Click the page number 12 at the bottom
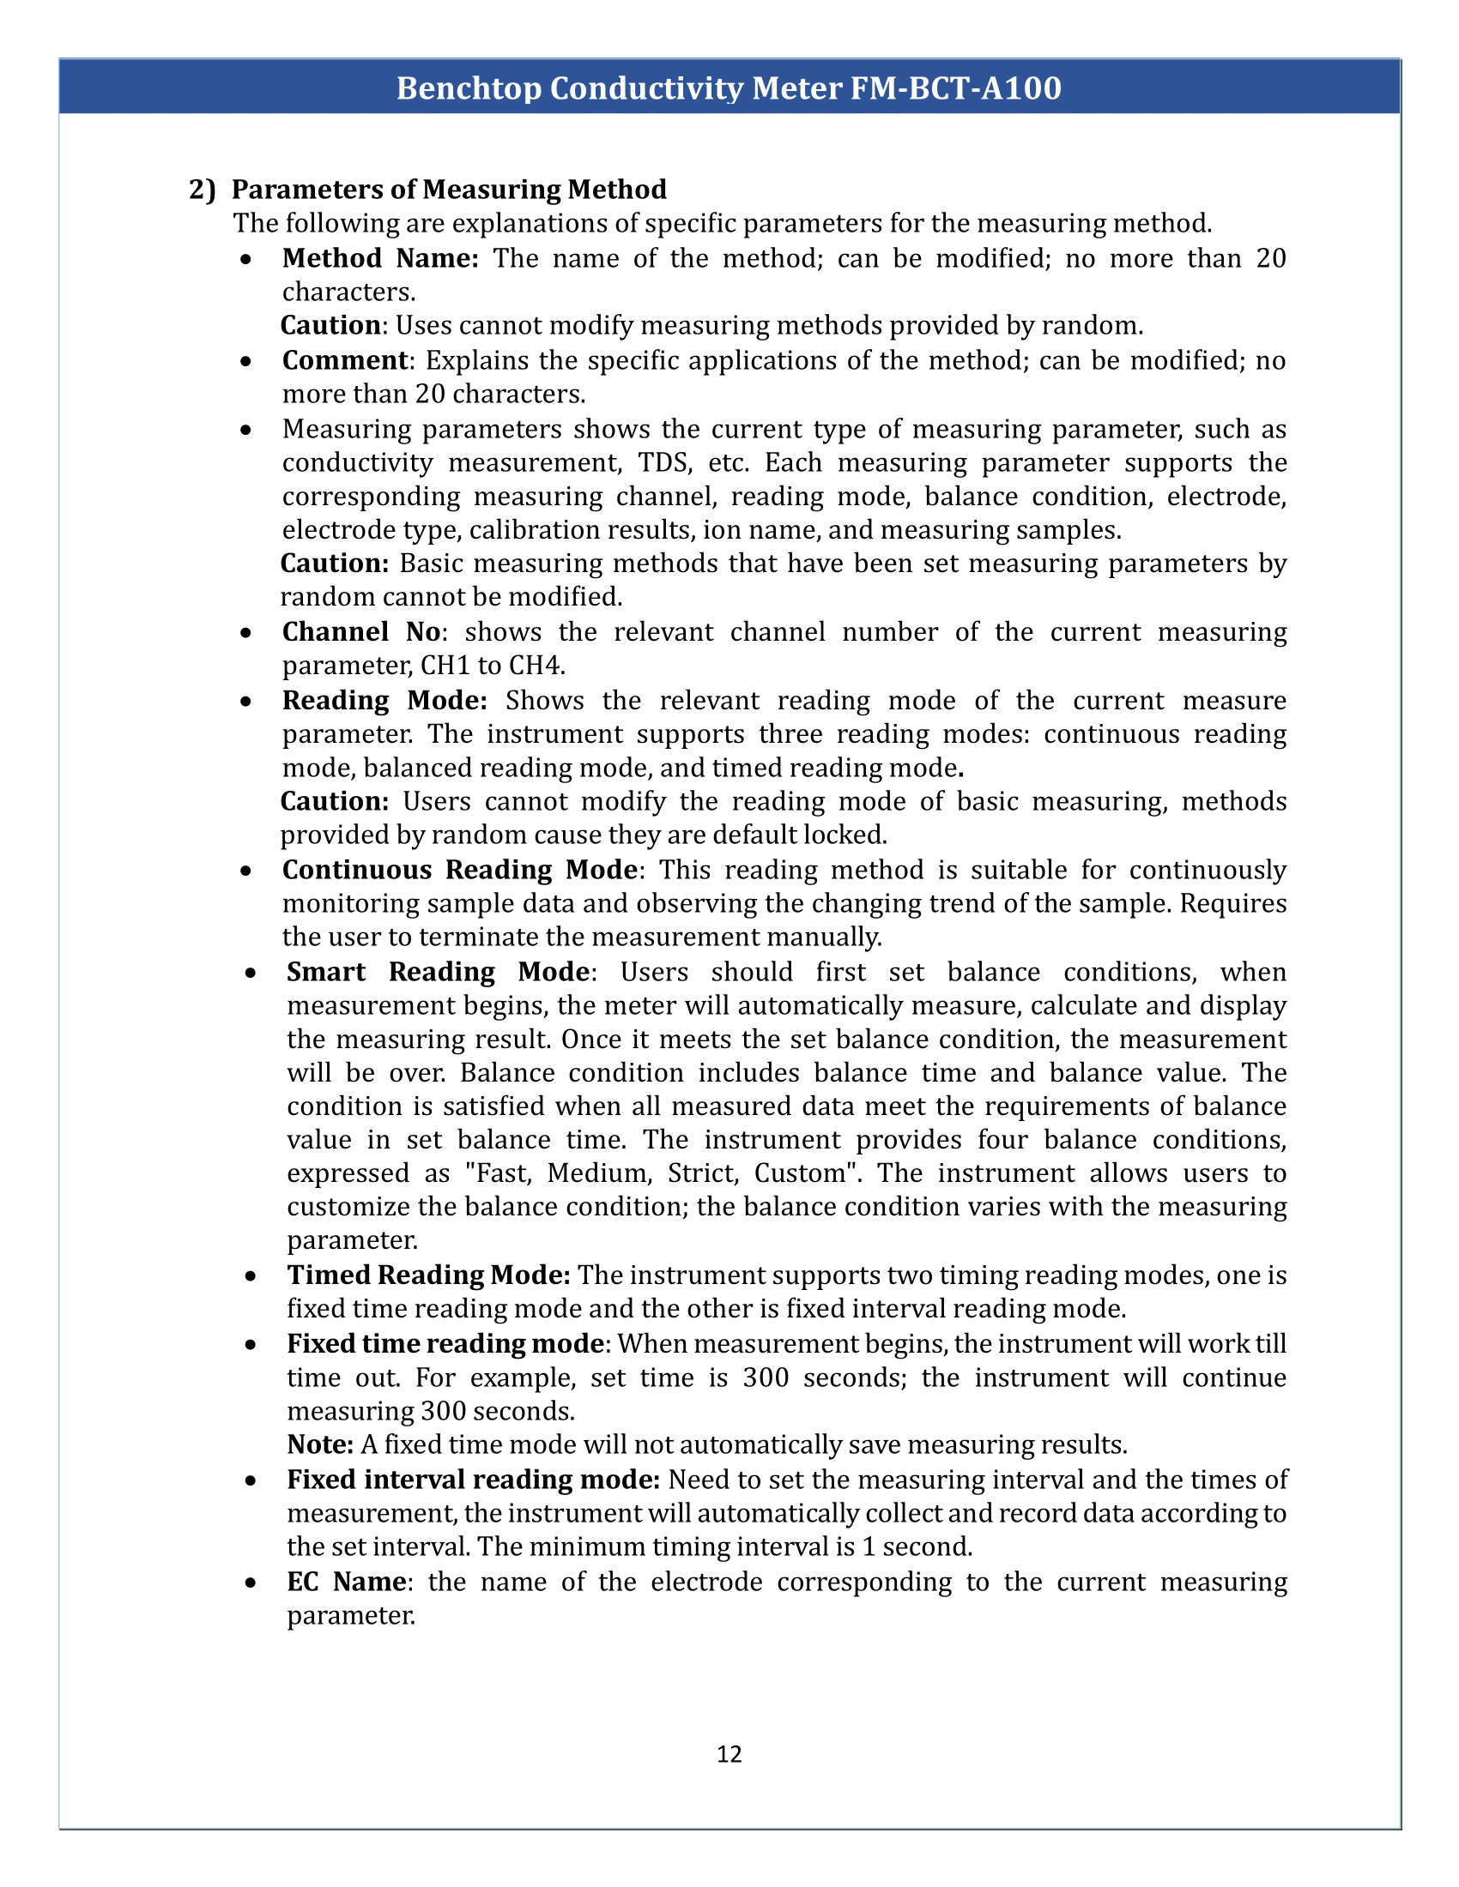(729, 1754)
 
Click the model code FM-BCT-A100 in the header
(956, 88)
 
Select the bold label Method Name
(379, 258)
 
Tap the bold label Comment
(345, 360)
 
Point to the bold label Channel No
(361, 632)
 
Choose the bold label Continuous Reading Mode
(460, 870)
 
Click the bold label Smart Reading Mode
(438, 972)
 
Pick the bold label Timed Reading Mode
(429, 1275)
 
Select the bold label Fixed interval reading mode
(474, 1480)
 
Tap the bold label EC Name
(346, 1582)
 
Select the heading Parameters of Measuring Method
(449, 190)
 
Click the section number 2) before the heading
(203, 190)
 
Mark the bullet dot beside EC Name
(250, 1583)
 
